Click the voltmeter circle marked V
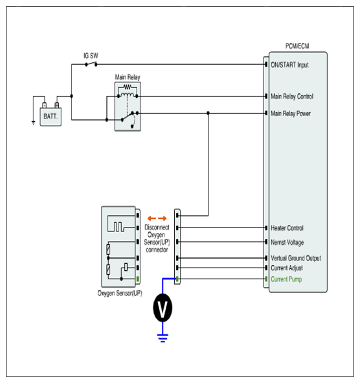click(163, 308)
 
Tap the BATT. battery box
click(51, 117)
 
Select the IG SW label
click(91, 56)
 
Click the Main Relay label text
click(128, 77)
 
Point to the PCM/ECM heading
click(297, 46)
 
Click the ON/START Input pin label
click(289, 65)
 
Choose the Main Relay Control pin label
click(292, 97)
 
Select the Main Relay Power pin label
click(291, 113)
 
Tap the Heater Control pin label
click(287, 228)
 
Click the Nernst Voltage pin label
click(287, 242)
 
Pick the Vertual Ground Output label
click(296, 258)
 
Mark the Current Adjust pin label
click(287, 268)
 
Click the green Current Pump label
click(286, 279)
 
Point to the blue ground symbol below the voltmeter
click(163, 338)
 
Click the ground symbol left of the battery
click(34, 123)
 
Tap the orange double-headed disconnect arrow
click(157, 218)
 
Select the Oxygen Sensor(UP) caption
click(120, 293)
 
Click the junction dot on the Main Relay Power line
click(208, 113)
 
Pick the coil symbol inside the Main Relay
click(127, 95)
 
